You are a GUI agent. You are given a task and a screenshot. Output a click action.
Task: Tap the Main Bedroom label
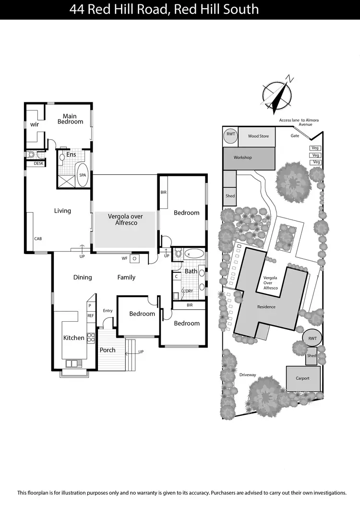click(70, 119)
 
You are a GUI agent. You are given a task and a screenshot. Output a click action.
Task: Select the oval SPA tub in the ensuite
click(83, 175)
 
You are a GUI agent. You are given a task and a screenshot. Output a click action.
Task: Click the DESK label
click(38, 164)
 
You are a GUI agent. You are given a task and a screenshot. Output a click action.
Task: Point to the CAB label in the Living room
click(37, 238)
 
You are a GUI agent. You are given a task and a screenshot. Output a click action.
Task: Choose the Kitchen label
click(74, 338)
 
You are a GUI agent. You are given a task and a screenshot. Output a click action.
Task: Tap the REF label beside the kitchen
click(90, 315)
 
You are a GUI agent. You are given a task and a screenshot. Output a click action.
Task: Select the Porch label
click(108, 350)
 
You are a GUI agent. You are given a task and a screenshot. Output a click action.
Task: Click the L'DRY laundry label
click(187, 291)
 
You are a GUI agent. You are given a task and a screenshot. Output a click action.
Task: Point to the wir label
click(35, 124)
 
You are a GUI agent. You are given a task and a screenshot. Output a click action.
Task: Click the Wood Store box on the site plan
click(258, 136)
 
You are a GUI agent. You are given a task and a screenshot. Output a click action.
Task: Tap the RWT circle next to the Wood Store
click(230, 134)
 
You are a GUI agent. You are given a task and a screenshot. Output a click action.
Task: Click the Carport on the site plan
click(302, 378)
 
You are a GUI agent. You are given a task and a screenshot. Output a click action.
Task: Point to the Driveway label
click(248, 375)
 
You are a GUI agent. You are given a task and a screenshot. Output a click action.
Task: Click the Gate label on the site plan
click(295, 136)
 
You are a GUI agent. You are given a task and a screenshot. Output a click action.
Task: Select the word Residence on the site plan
click(266, 307)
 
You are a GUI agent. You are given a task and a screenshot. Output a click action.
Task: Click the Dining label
click(83, 277)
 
